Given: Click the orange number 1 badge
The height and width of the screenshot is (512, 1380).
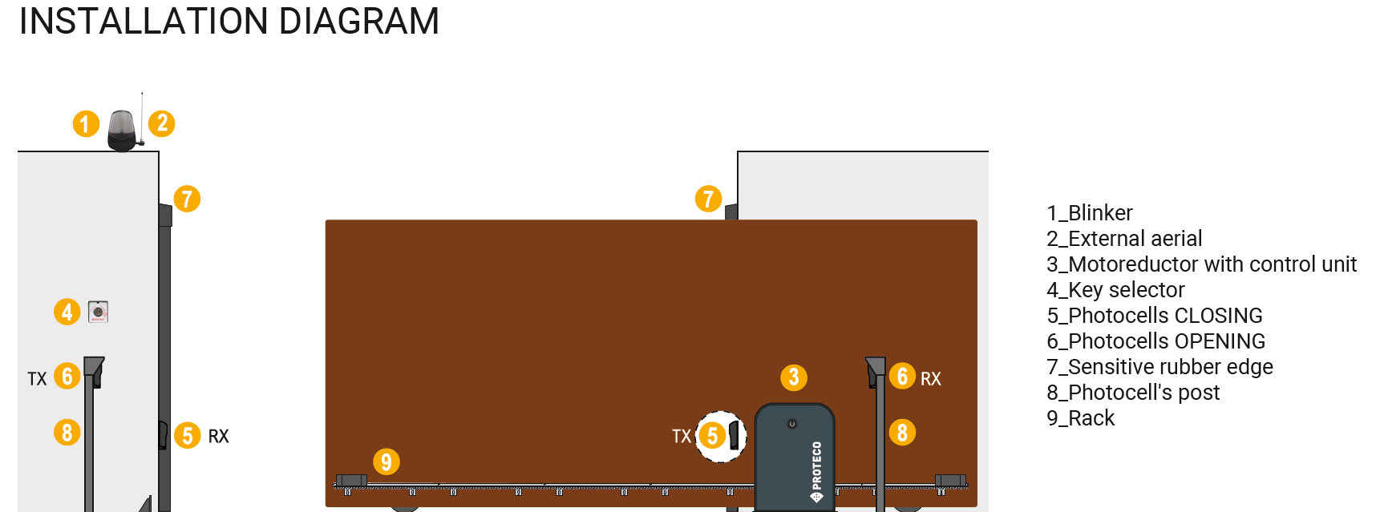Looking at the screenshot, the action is point(86,124).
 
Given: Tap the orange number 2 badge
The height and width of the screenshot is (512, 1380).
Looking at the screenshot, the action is point(162,123).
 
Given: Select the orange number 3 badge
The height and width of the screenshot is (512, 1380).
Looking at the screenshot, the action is point(794,377).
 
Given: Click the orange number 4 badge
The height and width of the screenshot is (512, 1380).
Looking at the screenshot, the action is point(67,312).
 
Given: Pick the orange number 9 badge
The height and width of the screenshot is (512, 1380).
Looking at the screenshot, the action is point(386,462).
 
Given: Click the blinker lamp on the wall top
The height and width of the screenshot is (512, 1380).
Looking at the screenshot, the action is point(122,131).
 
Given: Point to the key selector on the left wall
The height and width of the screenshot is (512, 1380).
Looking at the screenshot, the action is point(98,311).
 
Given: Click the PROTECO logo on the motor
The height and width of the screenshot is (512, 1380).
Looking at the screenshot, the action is point(816,471).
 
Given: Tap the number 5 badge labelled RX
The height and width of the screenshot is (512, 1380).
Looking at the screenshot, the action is point(188,436).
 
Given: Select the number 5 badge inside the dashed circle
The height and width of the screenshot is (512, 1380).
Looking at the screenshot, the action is point(712,436).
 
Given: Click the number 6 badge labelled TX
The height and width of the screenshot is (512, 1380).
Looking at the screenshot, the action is point(67,376).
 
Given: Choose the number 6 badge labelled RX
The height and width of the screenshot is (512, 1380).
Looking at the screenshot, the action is point(902,376).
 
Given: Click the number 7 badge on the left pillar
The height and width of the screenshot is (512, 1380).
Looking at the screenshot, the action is point(187,199).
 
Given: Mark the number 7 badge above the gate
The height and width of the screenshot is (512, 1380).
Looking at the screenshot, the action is point(708,199).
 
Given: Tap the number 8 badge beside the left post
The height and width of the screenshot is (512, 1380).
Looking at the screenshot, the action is point(67,433).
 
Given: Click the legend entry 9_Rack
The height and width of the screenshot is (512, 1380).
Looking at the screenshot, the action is point(1080,418).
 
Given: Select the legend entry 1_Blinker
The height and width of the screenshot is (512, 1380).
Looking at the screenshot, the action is point(1089,213).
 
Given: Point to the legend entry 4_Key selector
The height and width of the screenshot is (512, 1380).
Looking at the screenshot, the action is point(1115,290).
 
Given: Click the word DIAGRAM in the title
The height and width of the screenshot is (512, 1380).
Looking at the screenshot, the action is point(359,21).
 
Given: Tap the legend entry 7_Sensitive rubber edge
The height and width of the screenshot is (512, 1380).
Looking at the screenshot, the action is point(1159,367).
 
